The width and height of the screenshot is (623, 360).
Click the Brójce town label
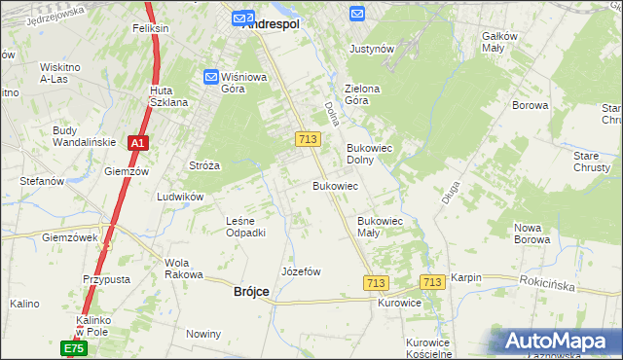pos(252,291)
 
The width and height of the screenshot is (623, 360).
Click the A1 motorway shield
pos(138,143)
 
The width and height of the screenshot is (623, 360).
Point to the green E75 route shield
pos(74,347)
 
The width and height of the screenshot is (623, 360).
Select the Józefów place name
pos(301,271)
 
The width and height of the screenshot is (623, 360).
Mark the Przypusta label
pos(106,278)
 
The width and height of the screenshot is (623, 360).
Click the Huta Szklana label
pos(167,95)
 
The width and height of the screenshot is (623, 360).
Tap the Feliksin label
pos(151,28)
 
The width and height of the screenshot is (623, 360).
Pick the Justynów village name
pos(372,48)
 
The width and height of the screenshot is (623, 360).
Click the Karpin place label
pos(466,277)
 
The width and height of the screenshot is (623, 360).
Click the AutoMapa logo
pos(561,341)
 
